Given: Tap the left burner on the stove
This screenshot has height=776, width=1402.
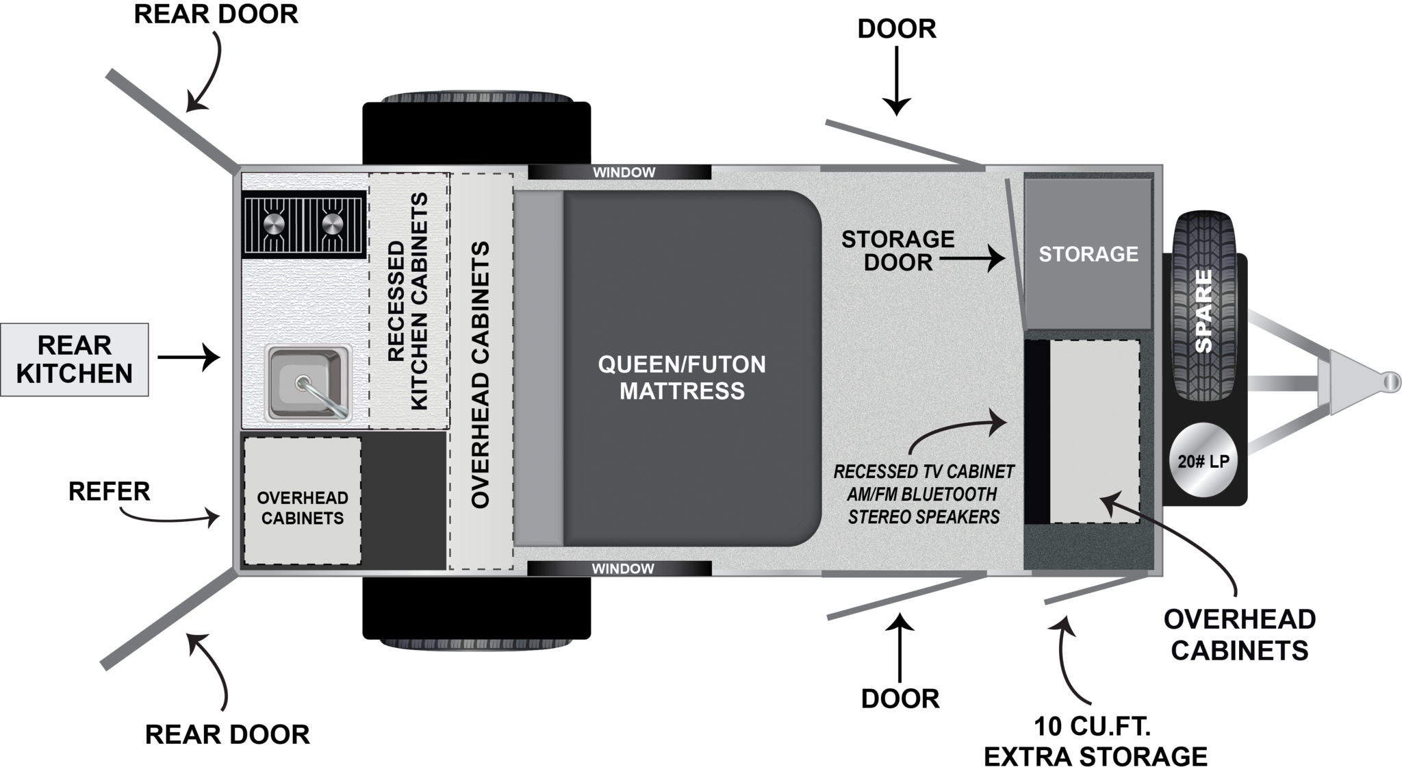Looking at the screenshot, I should point(273,223).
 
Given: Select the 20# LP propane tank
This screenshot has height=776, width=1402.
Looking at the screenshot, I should point(1203,460).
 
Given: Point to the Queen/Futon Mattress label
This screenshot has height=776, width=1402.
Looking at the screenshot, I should point(682,377).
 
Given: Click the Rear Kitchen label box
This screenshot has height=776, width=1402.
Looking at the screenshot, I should point(74,359).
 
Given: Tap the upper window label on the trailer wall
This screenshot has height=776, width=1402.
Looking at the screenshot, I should point(624,173).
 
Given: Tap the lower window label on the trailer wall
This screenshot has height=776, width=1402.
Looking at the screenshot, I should point(622,568).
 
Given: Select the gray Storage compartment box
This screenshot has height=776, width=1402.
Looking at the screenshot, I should point(1088,254).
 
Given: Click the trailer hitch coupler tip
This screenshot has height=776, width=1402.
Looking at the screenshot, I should point(1390,381).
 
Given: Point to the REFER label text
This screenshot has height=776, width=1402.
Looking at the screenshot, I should point(110,492).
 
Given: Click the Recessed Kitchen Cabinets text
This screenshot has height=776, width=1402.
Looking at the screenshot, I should point(408,301).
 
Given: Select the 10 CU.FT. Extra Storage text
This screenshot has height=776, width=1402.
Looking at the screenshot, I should point(1095,741).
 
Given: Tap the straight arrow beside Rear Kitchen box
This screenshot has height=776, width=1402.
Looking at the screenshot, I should point(188,357).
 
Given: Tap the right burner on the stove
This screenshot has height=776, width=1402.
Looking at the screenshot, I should point(333,223).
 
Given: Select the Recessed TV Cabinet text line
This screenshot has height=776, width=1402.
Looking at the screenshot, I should point(923,472).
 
